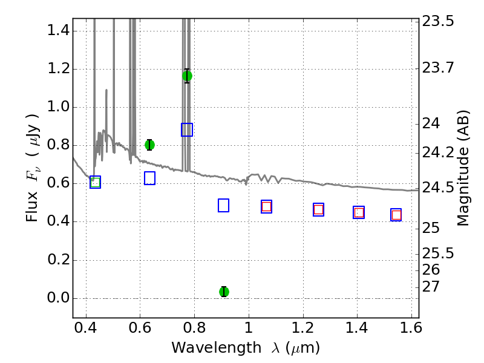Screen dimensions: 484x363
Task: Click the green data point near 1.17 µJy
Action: pos(187,76)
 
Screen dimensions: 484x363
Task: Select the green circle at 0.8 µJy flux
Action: pos(149,145)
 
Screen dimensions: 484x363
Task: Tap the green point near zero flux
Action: pos(224,292)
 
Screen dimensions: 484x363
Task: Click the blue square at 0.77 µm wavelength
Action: pos(187,129)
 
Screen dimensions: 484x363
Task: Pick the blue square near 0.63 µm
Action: pos(149,178)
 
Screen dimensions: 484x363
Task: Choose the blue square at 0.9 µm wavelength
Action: pos(223,205)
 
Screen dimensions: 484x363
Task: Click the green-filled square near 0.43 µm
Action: pos(95,182)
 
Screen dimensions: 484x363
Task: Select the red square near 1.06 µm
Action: pos(266,206)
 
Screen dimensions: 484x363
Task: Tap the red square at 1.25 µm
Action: pos(319,209)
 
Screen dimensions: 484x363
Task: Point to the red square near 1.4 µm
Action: pos(359,212)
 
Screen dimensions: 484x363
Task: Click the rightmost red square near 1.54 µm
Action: pos(396,215)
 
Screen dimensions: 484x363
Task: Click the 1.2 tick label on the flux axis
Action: pos(59,68)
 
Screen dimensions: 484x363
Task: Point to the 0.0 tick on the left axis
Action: pos(59,298)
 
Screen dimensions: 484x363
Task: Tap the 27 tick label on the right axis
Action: pos(431,286)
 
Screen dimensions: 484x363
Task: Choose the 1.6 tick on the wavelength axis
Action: pos(411,327)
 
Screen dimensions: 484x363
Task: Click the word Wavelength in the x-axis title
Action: pos(217,347)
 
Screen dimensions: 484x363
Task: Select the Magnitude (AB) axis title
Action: pos(462,168)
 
